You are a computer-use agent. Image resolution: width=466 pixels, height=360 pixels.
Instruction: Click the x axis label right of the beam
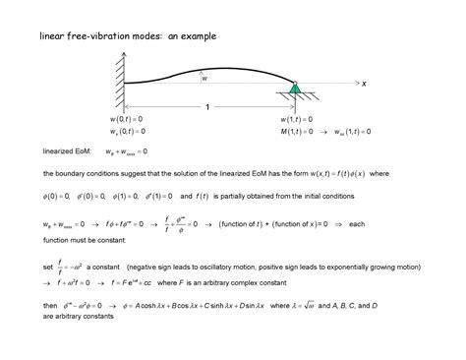coord(363,86)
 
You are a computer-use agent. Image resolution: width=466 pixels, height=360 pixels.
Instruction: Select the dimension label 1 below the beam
coord(207,106)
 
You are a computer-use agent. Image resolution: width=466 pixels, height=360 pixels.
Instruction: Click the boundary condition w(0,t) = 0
coord(129,119)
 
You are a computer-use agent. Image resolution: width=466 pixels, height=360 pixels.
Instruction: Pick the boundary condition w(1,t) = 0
coord(298,119)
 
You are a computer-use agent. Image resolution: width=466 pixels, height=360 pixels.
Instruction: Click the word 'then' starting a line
coord(50,305)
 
